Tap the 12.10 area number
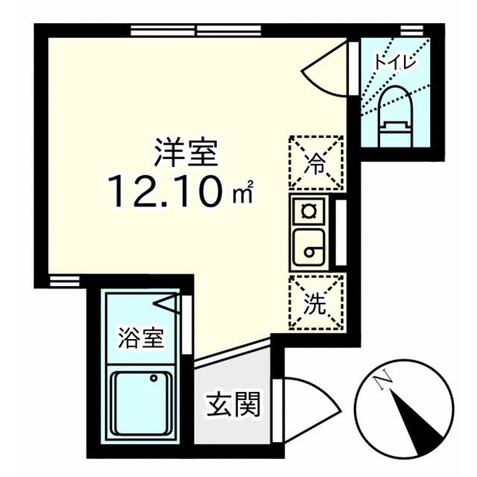tap(165, 191)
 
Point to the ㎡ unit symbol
tap(245, 195)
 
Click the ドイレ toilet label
tap(394, 63)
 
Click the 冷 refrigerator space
tap(316, 162)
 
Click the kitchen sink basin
tap(307, 248)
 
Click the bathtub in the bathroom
tap(142, 407)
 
